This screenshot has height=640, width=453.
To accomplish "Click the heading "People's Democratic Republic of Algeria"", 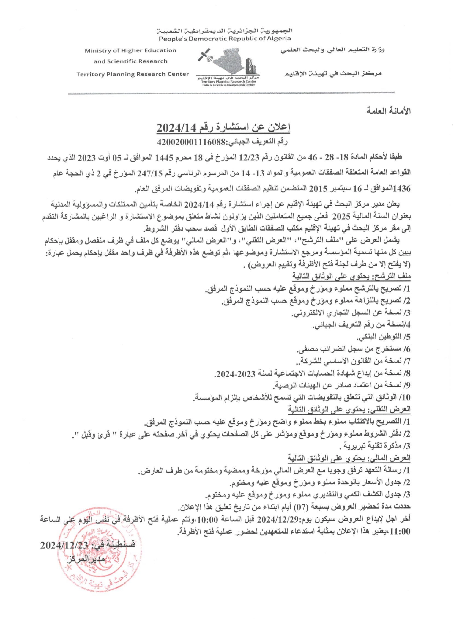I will tap(225, 39).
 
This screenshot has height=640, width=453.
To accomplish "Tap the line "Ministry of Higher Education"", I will tap(130, 50).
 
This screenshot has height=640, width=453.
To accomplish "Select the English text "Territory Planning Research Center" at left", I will tap(133, 74).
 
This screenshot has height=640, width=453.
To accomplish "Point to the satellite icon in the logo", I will tap(204, 55).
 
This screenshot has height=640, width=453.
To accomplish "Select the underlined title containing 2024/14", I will tap(223, 128).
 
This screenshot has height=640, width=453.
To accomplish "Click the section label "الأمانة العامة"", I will tap(389, 111).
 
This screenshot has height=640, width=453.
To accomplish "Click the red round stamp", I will tap(98, 550).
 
